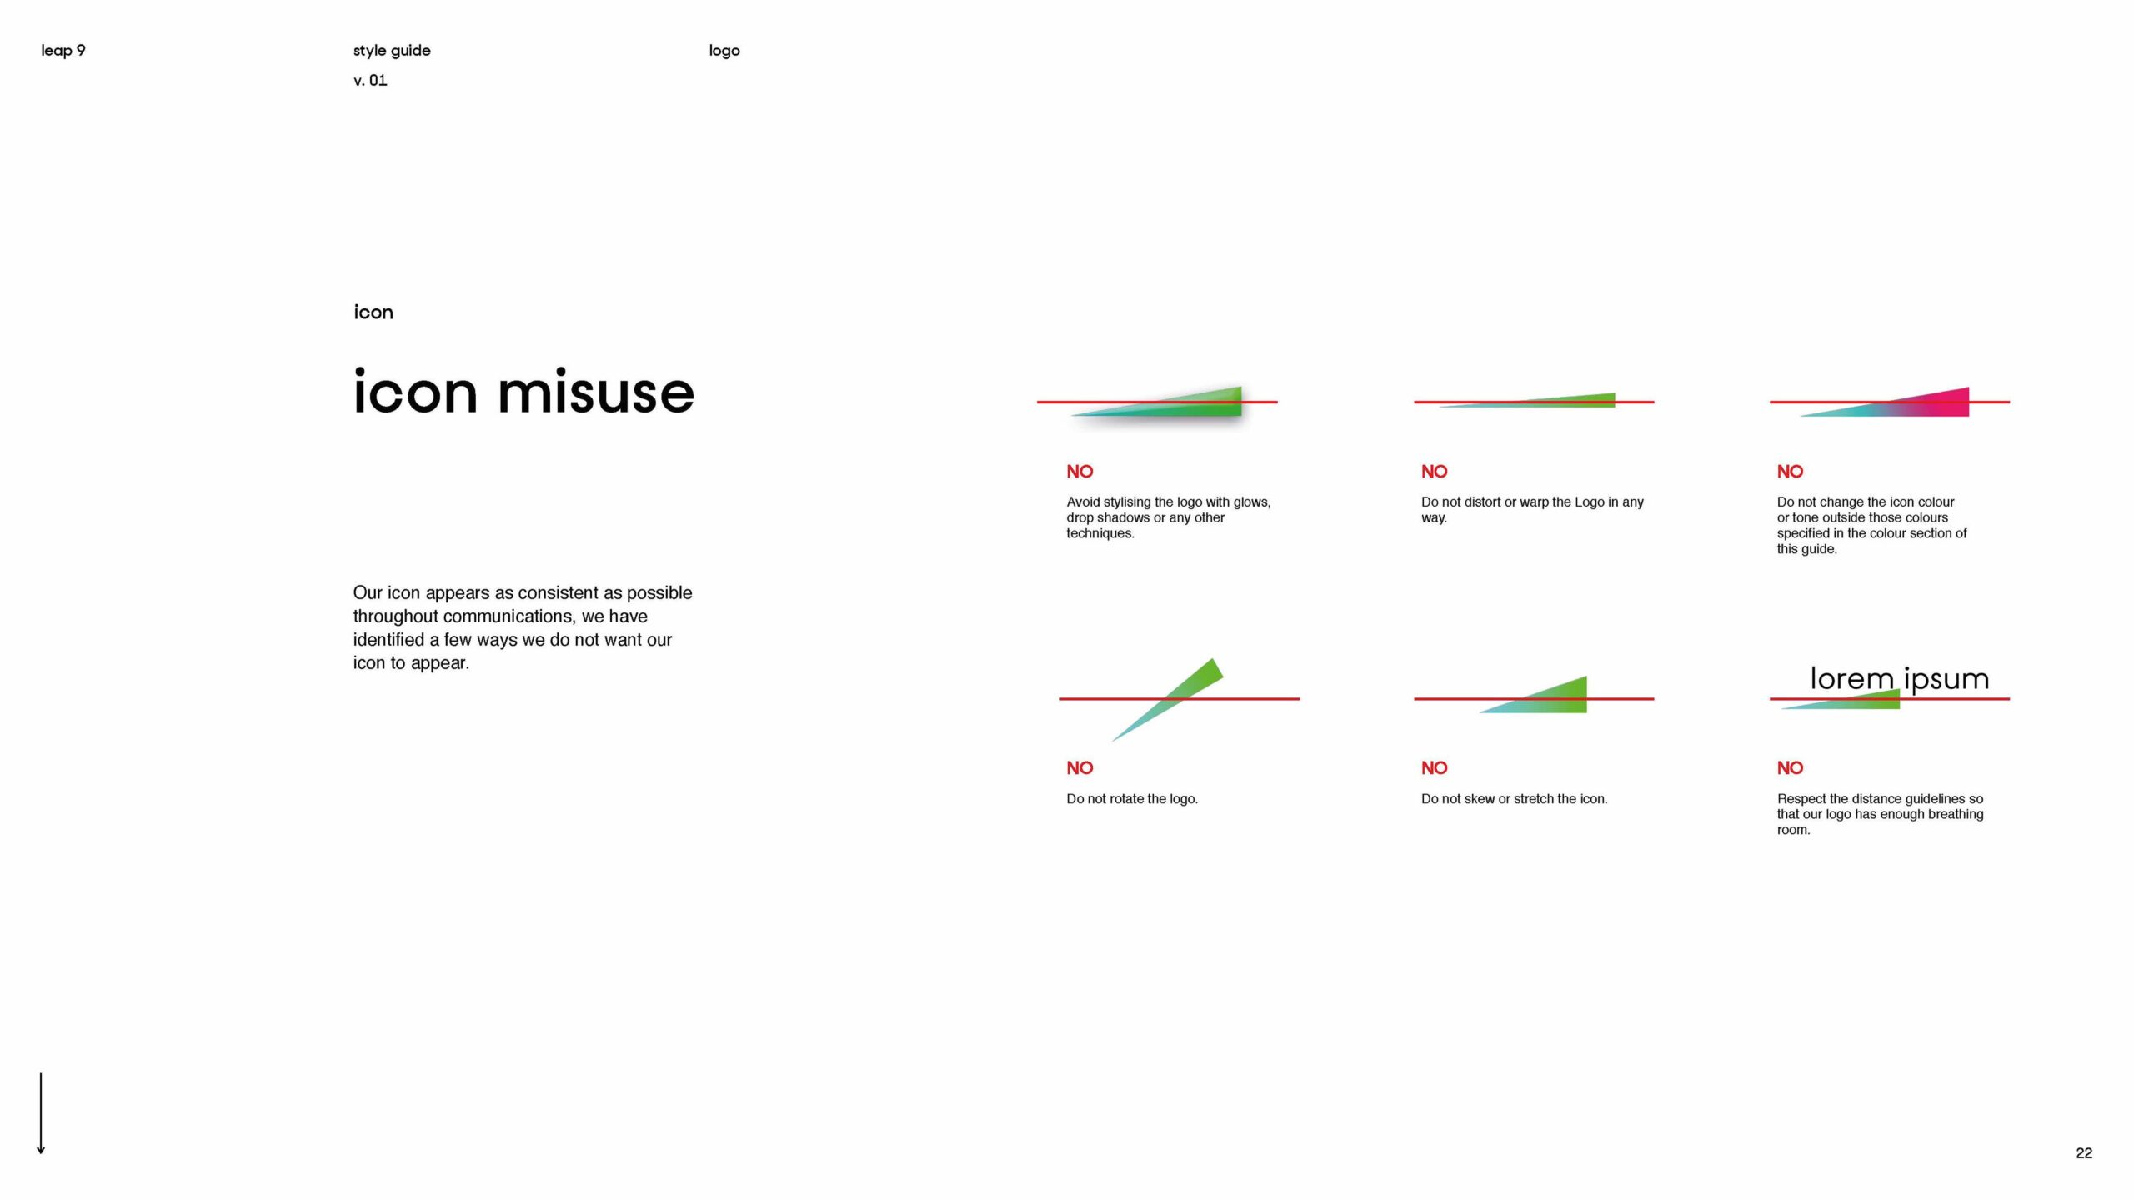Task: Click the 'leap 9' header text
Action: pyautogui.click(x=63, y=51)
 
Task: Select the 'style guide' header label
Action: pyautogui.click(x=392, y=51)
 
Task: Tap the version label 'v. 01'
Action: pyautogui.click(x=370, y=81)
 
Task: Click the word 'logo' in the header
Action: pyautogui.click(x=724, y=51)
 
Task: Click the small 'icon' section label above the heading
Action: pyautogui.click(x=373, y=312)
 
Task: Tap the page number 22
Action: pyautogui.click(x=2084, y=1153)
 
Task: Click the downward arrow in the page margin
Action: pyautogui.click(x=41, y=1113)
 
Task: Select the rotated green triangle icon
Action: pyautogui.click(x=1167, y=700)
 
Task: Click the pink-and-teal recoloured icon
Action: pyautogui.click(x=1884, y=402)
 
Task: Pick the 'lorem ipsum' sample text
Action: pyautogui.click(x=1899, y=679)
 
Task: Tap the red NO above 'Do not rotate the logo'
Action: pyautogui.click(x=1080, y=768)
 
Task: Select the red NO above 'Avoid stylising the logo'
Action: pyautogui.click(x=1080, y=472)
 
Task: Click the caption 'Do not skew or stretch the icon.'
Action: pyautogui.click(x=1514, y=799)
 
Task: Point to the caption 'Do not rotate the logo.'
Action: pyautogui.click(x=1132, y=799)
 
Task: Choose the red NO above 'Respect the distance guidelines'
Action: pyautogui.click(x=1790, y=768)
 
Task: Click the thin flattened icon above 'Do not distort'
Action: pyautogui.click(x=1527, y=401)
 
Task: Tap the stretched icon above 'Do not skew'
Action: pyautogui.click(x=1533, y=695)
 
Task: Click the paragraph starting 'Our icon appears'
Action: pyautogui.click(x=523, y=627)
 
